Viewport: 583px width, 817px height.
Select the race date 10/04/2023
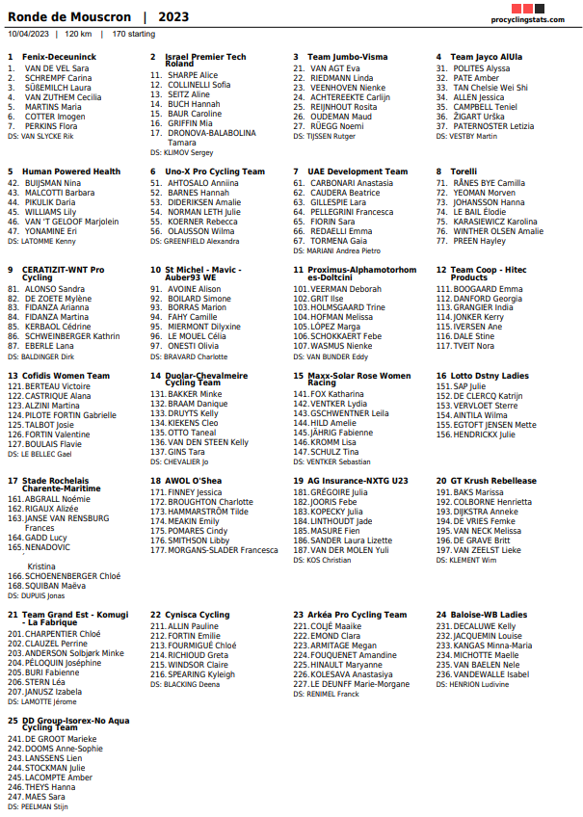pyautogui.click(x=28, y=34)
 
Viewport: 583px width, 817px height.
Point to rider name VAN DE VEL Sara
pyautogui.click(x=57, y=68)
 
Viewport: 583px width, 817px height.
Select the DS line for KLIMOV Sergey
pyautogui.click(x=181, y=152)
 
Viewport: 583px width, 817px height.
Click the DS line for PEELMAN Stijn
pyautogui.click(x=38, y=806)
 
